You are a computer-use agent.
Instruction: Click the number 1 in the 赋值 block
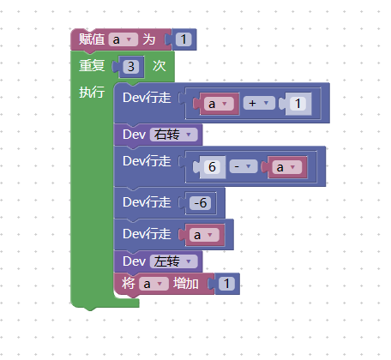click(183, 39)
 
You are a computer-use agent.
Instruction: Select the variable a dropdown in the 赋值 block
click(123, 39)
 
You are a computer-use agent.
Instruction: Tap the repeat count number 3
click(131, 67)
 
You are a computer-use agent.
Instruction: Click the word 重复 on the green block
click(92, 65)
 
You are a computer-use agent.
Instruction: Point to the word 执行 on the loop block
click(92, 92)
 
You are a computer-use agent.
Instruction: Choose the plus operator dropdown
click(259, 103)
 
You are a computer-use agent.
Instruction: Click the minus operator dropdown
click(244, 166)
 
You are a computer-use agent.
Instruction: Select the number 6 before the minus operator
click(212, 166)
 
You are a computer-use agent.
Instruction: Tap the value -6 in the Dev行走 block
click(201, 203)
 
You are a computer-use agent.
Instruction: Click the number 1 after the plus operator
click(298, 103)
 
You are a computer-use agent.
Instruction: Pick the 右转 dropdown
click(173, 135)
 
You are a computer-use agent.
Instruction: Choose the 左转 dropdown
click(173, 261)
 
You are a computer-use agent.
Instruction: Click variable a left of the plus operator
click(219, 104)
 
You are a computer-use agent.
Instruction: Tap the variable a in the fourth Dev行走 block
click(204, 235)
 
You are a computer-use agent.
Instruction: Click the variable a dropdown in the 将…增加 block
click(153, 284)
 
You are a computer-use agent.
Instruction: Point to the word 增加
click(186, 284)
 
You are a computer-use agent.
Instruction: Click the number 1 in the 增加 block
click(226, 284)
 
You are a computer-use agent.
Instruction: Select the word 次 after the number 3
click(159, 66)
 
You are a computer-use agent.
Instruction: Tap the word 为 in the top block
click(149, 39)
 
